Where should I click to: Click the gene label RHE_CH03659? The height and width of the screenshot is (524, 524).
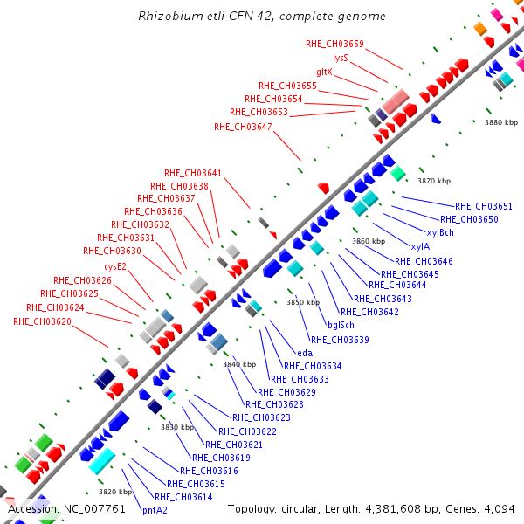pyautogui.click(x=334, y=44)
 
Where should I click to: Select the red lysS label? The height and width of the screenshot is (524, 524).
pyautogui.click(x=341, y=58)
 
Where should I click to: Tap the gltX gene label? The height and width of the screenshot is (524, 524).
pyautogui.click(x=324, y=72)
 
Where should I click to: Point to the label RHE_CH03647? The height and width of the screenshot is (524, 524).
pyautogui.click(x=243, y=127)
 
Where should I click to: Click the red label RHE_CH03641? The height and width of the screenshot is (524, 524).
pyautogui.click(x=193, y=172)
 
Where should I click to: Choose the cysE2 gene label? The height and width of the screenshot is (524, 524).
pyautogui.click(x=115, y=266)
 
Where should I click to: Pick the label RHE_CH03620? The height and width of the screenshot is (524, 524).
pyautogui.click(x=42, y=321)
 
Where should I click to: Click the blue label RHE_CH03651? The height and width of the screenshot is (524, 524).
pyautogui.click(x=484, y=206)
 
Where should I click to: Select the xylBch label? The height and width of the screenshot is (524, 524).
pyautogui.click(x=440, y=232)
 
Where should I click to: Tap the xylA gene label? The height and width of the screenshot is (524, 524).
pyautogui.click(x=420, y=246)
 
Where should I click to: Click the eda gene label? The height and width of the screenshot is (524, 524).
pyautogui.click(x=305, y=353)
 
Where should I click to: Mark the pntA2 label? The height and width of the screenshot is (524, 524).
pyautogui.click(x=155, y=510)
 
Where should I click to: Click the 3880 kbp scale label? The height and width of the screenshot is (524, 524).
pyautogui.click(x=501, y=123)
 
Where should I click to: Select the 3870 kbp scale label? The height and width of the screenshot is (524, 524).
pyautogui.click(x=434, y=181)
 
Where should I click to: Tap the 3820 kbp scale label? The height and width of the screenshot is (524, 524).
pyautogui.click(x=114, y=492)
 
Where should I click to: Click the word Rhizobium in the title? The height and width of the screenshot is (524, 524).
pyautogui.click(x=169, y=17)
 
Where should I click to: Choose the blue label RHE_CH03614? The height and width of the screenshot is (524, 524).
pyautogui.click(x=183, y=497)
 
